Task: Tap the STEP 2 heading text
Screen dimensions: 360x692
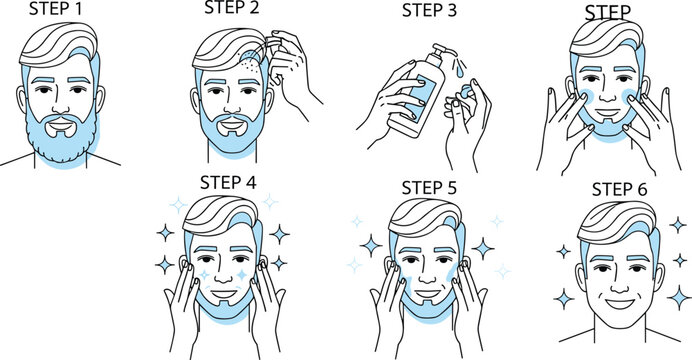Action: [232, 11]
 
